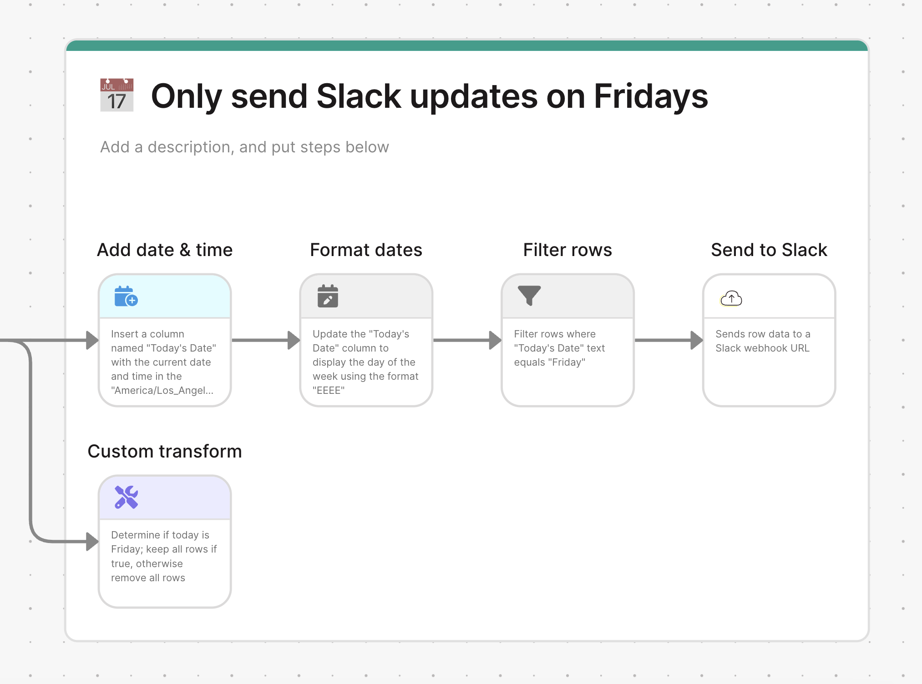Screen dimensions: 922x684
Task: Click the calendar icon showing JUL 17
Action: point(117,95)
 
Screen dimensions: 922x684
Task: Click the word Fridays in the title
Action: point(651,96)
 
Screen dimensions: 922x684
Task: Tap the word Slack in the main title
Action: point(359,96)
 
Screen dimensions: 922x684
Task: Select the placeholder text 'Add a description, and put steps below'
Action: point(244,147)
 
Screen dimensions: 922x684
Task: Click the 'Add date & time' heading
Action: point(165,250)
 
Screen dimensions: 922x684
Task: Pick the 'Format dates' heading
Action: point(366,250)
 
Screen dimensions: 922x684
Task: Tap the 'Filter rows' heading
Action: point(567,250)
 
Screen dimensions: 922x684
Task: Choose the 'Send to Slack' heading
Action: point(769,250)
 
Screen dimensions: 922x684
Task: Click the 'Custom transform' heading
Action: point(165,451)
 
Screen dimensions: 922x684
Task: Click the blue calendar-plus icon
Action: point(126,297)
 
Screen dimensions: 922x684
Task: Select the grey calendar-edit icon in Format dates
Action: point(328,296)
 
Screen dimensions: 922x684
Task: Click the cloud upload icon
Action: point(731,299)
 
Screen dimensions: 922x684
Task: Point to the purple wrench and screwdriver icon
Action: point(126,497)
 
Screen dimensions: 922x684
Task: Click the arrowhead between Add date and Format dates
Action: point(294,340)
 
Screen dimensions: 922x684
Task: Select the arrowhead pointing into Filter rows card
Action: point(495,340)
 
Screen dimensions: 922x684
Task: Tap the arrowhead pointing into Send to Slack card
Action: point(697,340)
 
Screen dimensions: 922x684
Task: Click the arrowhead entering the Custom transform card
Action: point(92,541)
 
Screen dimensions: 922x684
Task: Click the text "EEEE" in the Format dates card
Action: point(329,390)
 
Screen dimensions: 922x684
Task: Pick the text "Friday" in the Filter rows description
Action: point(567,362)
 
